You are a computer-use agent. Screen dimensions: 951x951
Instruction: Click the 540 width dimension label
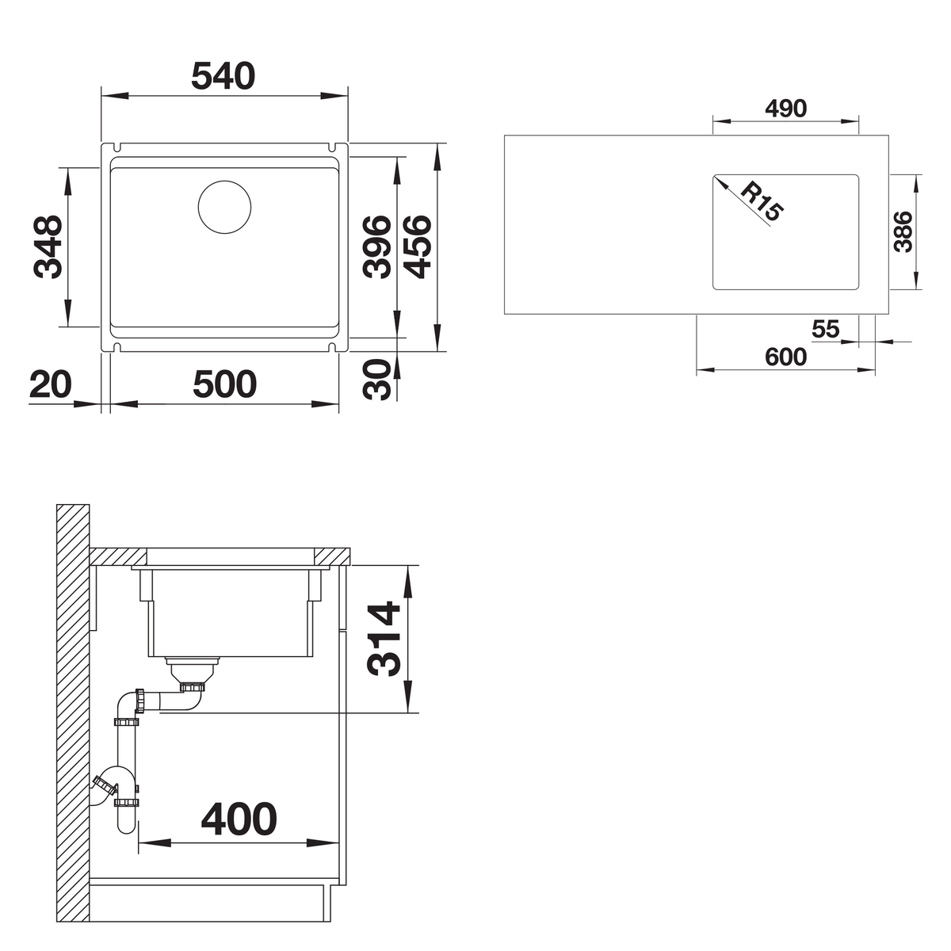[x=223, y=76]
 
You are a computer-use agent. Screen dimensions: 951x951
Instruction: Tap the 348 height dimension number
[x=48, y=247]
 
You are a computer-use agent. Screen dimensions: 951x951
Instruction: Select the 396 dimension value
[x=376, y=246]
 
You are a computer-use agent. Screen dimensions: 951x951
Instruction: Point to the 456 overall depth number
[x=417, y=246]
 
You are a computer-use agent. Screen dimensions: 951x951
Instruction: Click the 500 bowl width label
[x=224, y=384]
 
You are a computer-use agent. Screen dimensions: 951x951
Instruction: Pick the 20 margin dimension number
[x=51, y=384]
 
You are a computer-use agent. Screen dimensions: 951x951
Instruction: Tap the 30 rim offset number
[x=376, y=379]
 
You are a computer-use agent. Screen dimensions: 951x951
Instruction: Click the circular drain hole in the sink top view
[x=224, y=208]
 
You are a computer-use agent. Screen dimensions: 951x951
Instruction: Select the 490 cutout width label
[x=785, y=109]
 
